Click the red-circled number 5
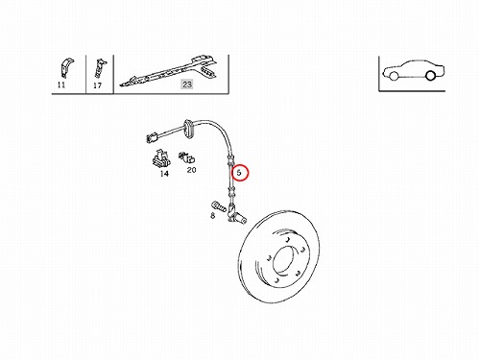(239, 173)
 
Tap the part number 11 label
(61, 84)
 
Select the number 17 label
(97, 85)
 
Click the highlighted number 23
(187, 84)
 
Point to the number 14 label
(164, 174)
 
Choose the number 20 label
(191, 170)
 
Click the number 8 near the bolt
(213, 216)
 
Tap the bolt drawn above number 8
(218, 206)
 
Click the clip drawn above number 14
(160, 158)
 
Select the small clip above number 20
(187, 157)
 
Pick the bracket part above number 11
(67, 68)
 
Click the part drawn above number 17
(100, 68)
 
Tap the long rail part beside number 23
(170, 71)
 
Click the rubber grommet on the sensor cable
(188, 129)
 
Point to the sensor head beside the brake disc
(236, 215)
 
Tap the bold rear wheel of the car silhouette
(431, 75)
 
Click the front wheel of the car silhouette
(394, 76)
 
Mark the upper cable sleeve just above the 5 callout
(230, 159)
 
